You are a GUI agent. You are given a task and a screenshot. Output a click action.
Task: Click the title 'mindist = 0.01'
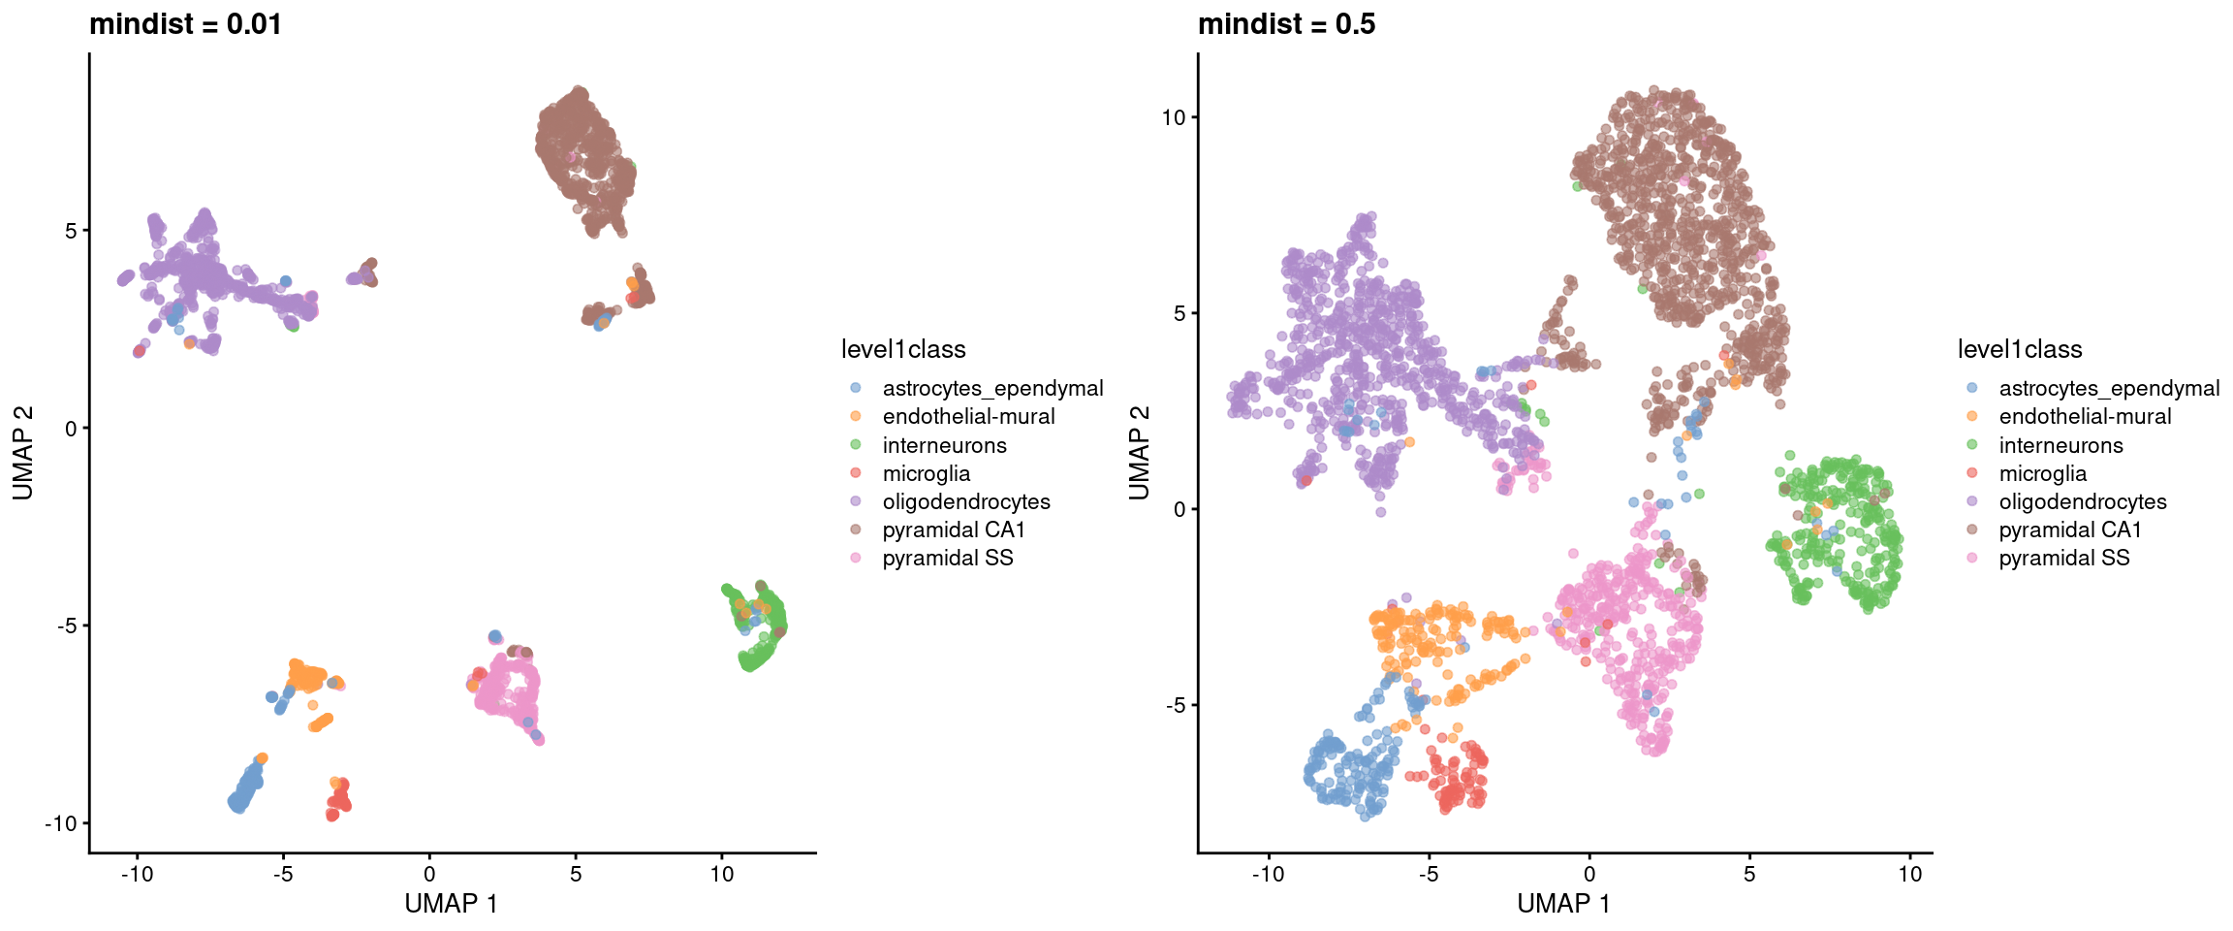click(x=185, y=24)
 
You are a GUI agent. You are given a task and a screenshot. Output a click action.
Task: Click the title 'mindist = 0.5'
click(x=1286, y=24)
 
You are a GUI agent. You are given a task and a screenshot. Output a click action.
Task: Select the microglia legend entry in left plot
click(x=926, y=473)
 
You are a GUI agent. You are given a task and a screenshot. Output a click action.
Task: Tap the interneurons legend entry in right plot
click(x=2060, y=445)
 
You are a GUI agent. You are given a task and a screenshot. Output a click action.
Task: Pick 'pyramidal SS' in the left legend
click(x=947, y=558)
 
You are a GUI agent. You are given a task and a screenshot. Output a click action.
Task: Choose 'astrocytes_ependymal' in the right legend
click(x=2108, y=388)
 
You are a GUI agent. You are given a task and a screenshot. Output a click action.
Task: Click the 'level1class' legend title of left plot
click(x=903, y=349)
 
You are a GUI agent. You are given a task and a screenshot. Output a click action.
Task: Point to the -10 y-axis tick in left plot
click(x=60, y=823)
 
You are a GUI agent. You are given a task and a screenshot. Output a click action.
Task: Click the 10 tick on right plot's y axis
click(x=1173, y=117)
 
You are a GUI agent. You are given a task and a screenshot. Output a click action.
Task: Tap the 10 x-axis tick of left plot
click(x=721, y=874)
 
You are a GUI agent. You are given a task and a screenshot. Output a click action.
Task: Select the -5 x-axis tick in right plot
click(x=1429, y=874)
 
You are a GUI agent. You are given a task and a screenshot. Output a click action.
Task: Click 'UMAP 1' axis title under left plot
click(x=451, y=904)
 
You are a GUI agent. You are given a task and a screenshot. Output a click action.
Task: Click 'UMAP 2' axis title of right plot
click(x=1140, y=453)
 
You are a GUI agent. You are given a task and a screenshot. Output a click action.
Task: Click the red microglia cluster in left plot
click(x=338, y=800)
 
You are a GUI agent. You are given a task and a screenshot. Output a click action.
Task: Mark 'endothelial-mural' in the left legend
click(x=968, y=416)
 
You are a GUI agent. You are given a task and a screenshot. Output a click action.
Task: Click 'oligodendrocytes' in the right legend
click(x=2082, y=501)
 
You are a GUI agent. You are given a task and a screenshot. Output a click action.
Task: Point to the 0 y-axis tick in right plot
click(x=1179, y=509)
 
